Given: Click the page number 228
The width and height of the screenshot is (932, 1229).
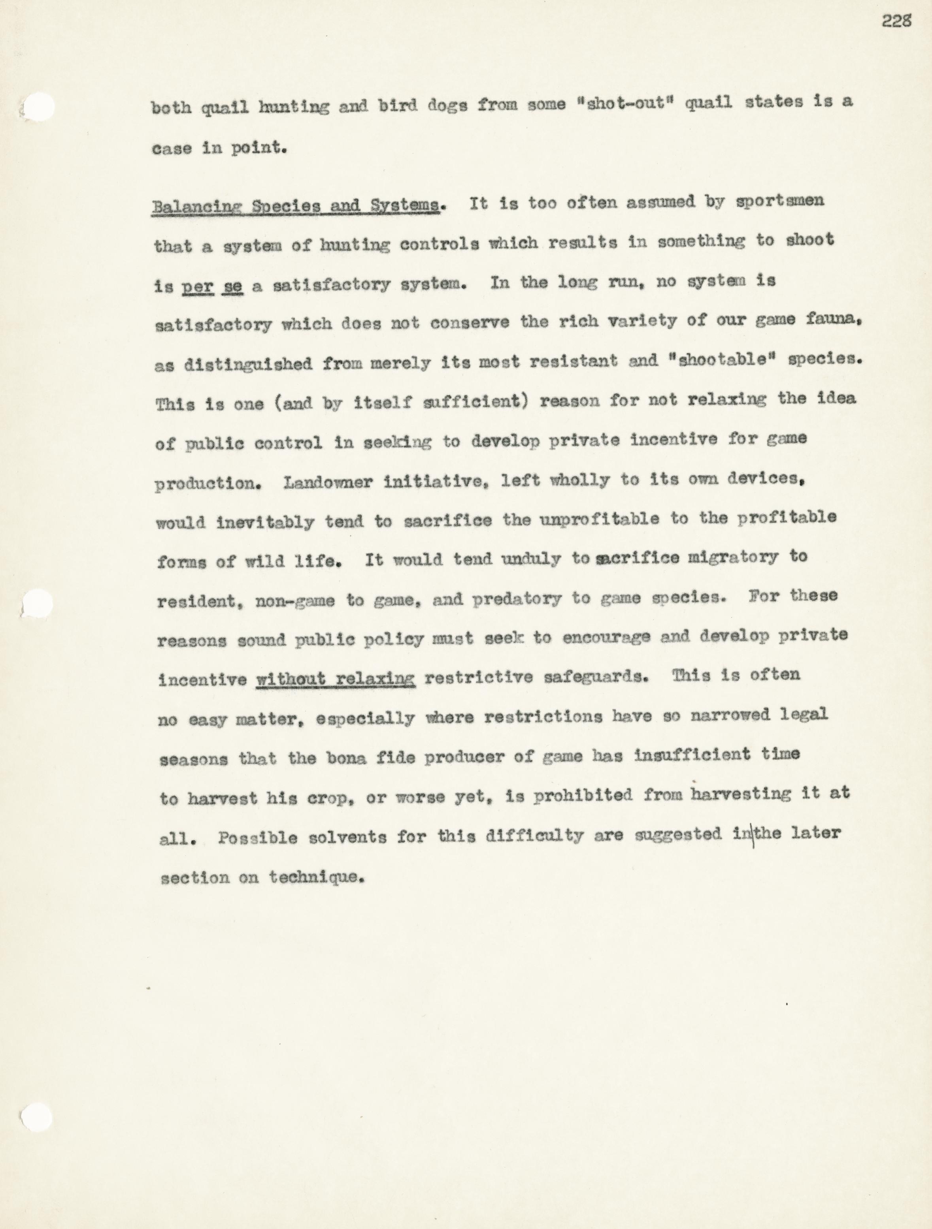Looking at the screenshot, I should click(x=896, y=21).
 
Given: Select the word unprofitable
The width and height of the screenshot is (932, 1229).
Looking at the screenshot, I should click(x=599, y=519).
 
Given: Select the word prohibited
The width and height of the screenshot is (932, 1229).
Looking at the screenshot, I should click(x=583, y=796).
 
